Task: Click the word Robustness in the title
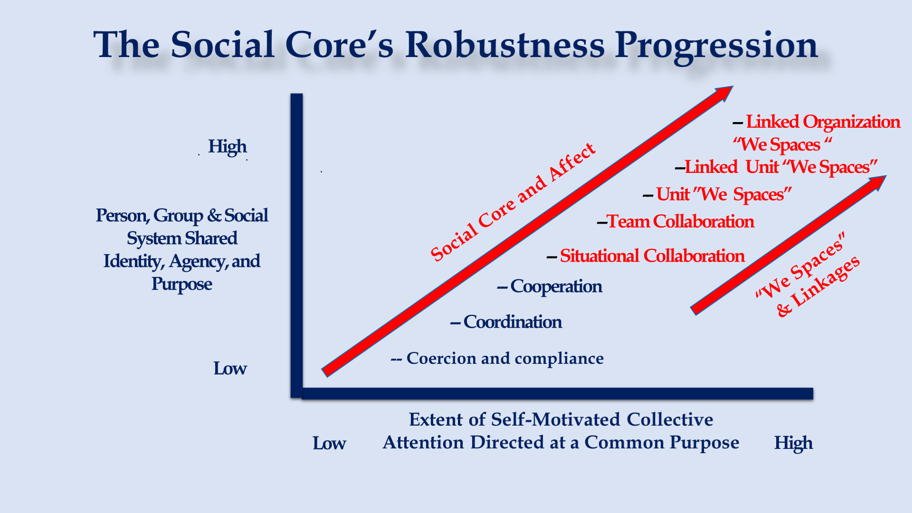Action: [x=505, y=45]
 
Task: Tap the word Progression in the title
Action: [x=717, y=47]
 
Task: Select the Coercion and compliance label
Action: [x=505, y=358]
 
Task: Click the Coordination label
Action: [x=513, y=322]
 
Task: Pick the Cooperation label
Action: [x=556, y=287]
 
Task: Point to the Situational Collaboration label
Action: [x=652, y=256]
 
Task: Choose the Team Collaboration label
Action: [x=681, y=221]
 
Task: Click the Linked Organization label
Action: [x=823, y=122]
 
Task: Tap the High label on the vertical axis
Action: [x=228, y=147]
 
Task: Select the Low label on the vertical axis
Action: [x=230, y=369]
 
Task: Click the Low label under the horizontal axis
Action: [x=329, y=443]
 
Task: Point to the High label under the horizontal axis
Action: [x=793, y=443]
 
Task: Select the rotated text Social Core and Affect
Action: [x=513, y=202]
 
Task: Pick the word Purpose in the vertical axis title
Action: [x=181, y=285]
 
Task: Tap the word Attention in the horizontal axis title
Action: [x=423, y=442]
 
